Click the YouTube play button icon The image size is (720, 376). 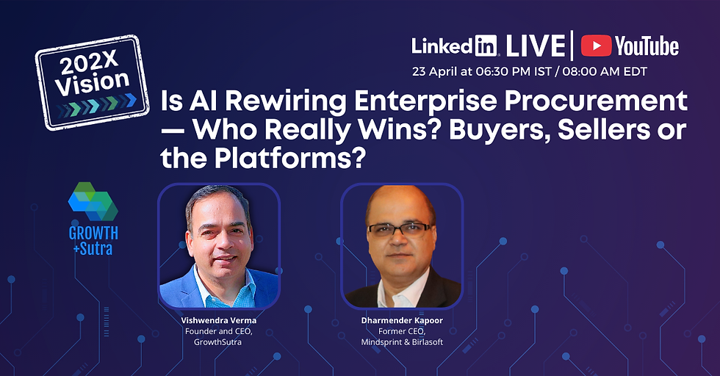pyautogui.click(x=597, y=46)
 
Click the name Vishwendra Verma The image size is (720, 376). pyautogui.click(x=219, y=321)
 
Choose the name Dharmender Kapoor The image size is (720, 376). pyautogui.click(x=401, y=321)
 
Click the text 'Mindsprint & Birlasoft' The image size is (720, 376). pyautogui.click(x=401, y=342)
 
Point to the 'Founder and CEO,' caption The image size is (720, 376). pyautogui.click(x=219, y=332)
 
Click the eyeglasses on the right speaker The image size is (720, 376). pyautogui.click(x=400, y=230)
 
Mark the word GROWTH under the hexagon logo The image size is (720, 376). pyautogui.click(x=93, y=234)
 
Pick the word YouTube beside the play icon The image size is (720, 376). pyautogui.click(x=647, y=46)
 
